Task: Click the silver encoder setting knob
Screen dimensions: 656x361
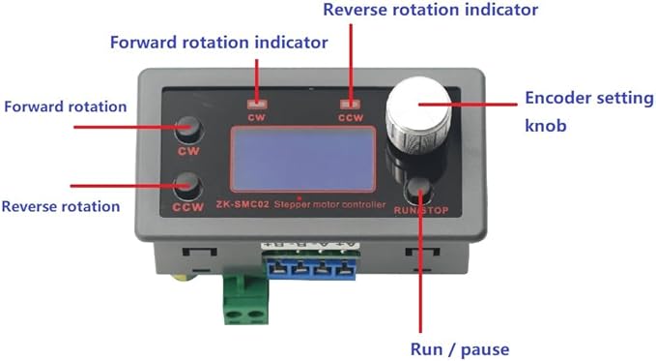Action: point(418,115)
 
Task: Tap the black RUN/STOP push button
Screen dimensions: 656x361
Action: point(419,191)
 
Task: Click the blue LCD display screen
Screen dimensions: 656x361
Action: point(302,159)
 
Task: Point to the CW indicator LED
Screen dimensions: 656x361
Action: point(257,104)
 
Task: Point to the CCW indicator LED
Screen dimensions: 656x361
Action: point(350,104)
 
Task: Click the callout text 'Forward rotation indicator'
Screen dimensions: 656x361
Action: point(218,43)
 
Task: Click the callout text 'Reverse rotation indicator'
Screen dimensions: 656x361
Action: point(431,10)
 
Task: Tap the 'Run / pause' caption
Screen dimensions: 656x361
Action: point(460,349)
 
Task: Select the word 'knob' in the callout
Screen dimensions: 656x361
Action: point(546,125)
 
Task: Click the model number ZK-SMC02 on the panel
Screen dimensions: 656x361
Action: point(242,204)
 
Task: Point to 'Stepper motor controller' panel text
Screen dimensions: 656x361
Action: point(329,204)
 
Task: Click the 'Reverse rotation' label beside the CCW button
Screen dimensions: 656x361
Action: point(61,206)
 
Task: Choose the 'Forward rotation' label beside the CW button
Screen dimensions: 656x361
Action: point(66,106)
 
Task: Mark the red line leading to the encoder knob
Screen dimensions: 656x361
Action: point(469,105)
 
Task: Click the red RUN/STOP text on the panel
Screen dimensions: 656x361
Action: point(421,210)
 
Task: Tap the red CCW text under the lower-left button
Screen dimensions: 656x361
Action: point(187,207)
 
